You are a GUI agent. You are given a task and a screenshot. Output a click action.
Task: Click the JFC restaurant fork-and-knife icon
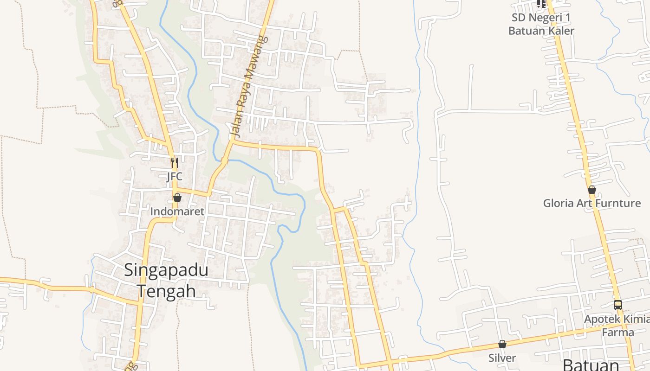tap(174, 163)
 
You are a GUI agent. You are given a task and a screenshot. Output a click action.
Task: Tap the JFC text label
tap(175, 176)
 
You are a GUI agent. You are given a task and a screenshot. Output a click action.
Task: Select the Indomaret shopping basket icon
tap(177, 198)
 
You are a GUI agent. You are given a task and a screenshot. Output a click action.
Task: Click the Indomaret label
tap(177, 211)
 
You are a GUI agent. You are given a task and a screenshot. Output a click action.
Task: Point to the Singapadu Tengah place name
tap(166, 281)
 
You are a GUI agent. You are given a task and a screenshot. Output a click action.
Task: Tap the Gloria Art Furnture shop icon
tap(591, 190)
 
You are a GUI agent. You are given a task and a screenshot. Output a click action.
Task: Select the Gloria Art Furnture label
tap(592, 203)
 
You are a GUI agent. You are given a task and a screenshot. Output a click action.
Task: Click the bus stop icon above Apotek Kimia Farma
tap(617, 305)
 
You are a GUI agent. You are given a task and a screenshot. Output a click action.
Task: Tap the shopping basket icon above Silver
tap(502, 344)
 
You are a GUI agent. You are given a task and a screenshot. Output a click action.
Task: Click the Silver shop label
tap(502, 358)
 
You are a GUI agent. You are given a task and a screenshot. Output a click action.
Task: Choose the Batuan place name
tap(591, 365)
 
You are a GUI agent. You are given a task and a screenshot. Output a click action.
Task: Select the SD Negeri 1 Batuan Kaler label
tap(541, 24)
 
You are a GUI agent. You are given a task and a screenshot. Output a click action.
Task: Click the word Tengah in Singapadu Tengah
tap(166, 291)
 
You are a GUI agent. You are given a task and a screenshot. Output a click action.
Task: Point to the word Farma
tap(617, 333)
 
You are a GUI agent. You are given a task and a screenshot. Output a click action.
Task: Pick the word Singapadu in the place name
tap(166, 270)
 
